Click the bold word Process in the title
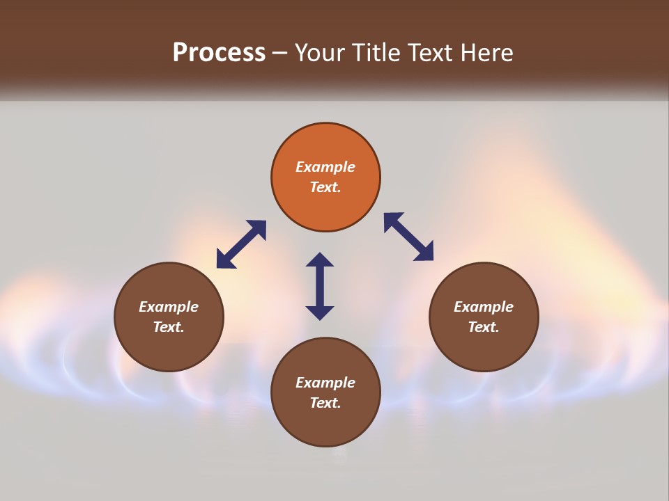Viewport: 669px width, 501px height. [x=219, y=53]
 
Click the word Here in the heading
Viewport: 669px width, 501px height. [x=487, y=53]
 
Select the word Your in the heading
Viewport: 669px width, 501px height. [x=321, y=53]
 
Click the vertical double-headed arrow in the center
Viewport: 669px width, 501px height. [x=320, y=286]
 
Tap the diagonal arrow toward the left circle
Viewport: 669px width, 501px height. [x=241, y=244]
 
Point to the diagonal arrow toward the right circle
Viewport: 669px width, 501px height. [x=409, y=237]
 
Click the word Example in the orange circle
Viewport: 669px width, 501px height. [x=325, y=167]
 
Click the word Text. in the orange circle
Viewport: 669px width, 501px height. [x=325, y=187]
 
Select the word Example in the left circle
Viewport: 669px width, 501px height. [x=169, y=307]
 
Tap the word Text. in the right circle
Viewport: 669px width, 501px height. [x=484, y=327]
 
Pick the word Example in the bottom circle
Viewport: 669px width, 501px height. [x=325, y=383]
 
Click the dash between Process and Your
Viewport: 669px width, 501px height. [x=280, y=53]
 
